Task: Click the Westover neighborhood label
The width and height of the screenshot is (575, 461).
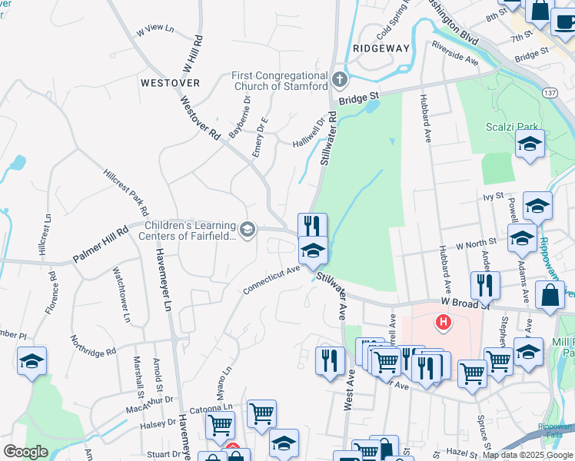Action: (x=171, y=82)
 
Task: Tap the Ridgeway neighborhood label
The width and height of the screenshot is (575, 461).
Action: (x=381, y=48)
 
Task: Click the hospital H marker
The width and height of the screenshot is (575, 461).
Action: (x=444, y=321)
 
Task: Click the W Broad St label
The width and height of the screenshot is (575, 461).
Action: (x=466, y=303)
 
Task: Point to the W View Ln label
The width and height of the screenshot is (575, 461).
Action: (x=155, y=30)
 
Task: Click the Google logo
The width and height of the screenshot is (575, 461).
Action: (x=25, y=452)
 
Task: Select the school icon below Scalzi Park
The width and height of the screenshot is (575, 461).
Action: (x=530, y=145)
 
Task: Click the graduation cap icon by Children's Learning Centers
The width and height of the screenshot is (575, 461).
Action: (x=248, y=229)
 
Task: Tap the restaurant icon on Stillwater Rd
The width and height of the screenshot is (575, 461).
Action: (x=312, y=226)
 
